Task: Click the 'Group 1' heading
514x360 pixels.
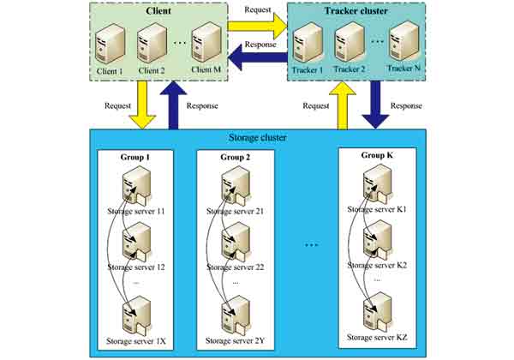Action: (136, 158)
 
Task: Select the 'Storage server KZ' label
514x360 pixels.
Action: (377, 342)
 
